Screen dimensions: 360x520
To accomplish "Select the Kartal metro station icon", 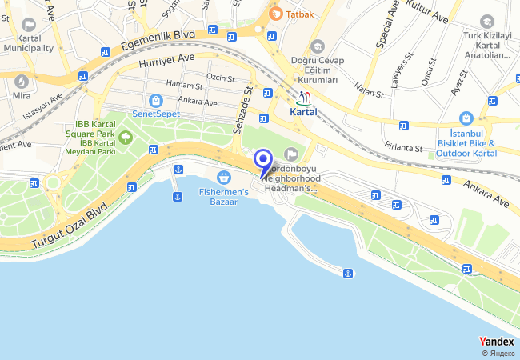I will pyautogui.click(x=303, y=98).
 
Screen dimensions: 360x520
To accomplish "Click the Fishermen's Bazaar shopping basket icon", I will pyautogui.click(x=224, y=176).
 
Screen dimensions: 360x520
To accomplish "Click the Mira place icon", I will pyautogui.click(x=22, y=81).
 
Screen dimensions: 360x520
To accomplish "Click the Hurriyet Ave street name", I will pyautogui.click(x=166, y=59).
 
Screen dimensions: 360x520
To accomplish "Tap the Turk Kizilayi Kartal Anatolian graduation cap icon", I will pyautogui.click(x=486, y=21).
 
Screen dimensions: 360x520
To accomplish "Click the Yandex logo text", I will pyautogui.click(x=496, y=342).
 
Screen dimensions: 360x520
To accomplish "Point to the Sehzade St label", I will pyautogui.click(x=242, y=111).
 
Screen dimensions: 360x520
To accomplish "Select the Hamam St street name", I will pyautogui.click(x=185, y=84).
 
